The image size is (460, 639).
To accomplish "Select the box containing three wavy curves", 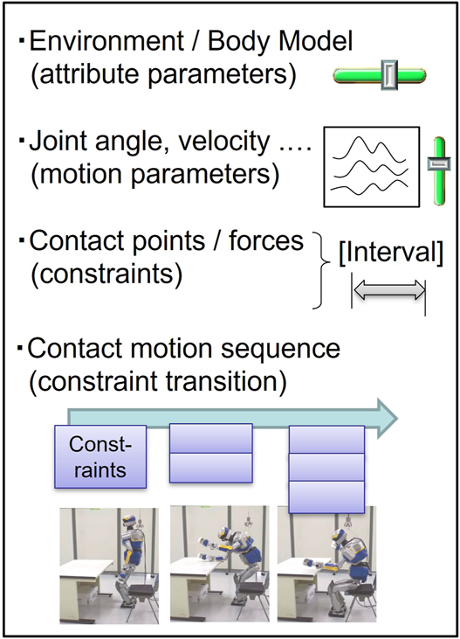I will click(x=368, y=167).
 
